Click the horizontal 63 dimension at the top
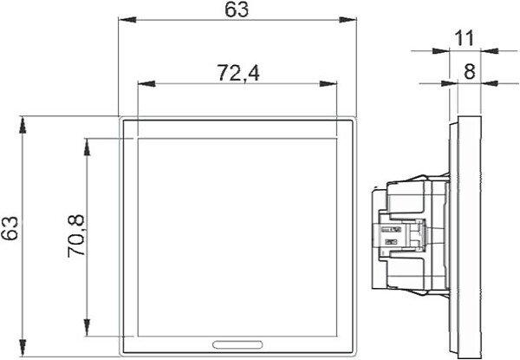[237, 10]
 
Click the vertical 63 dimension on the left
[10, 228]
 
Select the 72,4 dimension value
[238, 73]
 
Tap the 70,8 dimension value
[75, 236]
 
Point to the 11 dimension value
[465, 38]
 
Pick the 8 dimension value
[469, 70]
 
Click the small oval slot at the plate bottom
[237, 344]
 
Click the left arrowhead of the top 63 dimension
[127, 20]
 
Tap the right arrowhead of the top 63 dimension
[348, 20]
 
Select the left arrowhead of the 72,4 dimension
[146, 83]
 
